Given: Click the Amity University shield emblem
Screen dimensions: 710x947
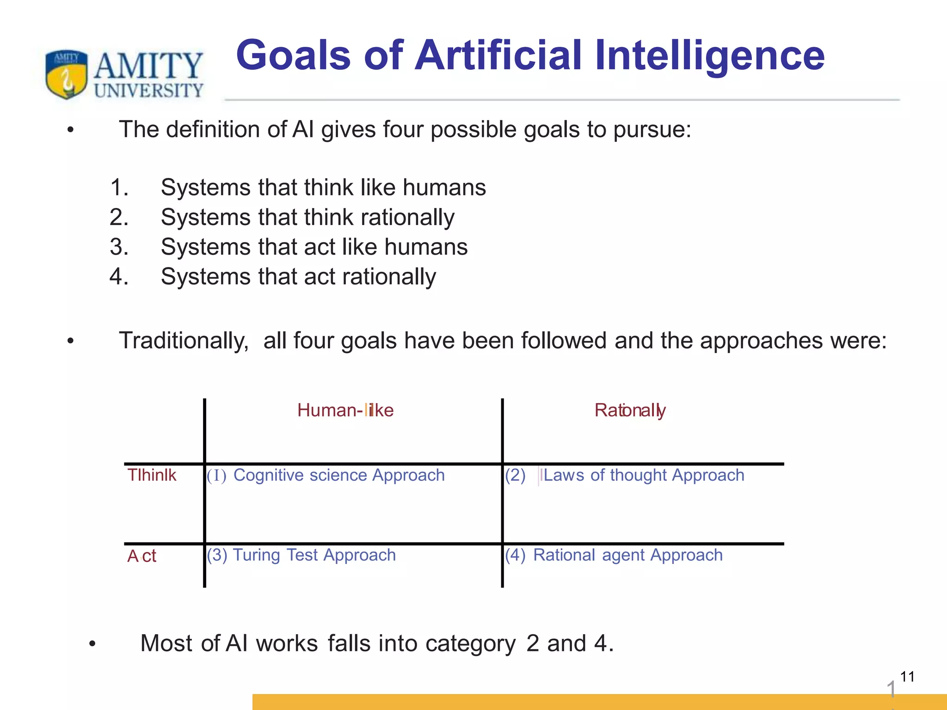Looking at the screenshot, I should [67, 74].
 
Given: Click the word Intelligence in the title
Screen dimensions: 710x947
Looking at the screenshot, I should [709, 56].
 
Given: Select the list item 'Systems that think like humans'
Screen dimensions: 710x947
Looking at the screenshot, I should [323, 188].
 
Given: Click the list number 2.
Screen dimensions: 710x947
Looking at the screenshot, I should [118, 217].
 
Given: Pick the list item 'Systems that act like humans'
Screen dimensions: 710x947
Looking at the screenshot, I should [314, 247].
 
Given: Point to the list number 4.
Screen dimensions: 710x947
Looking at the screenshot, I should [118, 276].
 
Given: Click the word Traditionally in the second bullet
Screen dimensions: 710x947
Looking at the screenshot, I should [184, 341].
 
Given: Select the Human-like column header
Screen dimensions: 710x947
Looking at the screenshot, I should [345, 410].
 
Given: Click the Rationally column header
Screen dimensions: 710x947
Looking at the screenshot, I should [630, 410].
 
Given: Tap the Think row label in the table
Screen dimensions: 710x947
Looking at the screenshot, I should [152, 475].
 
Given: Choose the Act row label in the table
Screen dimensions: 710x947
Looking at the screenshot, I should [141, 556].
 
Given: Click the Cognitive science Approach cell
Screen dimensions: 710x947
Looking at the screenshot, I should [338, 475].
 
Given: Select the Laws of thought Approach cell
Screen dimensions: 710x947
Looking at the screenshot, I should [643, 475].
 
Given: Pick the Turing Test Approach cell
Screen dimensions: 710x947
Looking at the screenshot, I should [314, 555].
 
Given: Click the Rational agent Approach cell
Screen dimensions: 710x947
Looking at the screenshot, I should [627, 555].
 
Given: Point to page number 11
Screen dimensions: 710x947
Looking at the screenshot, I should [907, 677].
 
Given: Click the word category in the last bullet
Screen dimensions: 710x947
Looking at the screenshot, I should [470, 643].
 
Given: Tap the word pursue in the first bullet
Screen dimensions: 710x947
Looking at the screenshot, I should [652, 130].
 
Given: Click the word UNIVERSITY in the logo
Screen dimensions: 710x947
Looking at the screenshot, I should [148, 90].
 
